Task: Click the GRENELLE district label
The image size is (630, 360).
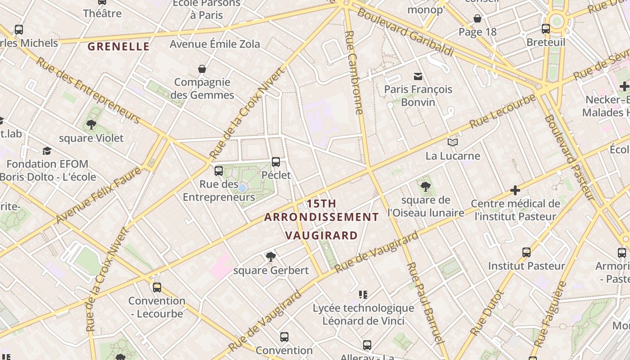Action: pyautogui.click(x=118, y=46)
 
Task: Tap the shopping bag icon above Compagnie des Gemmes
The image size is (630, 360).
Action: pyautogui.click(x=202, y=69)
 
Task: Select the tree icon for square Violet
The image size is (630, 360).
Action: pyautogui.click(x=91, y=125)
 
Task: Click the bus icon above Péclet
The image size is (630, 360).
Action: pyautogui.click(x=276, y=162)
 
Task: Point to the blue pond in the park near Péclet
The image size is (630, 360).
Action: pyautogui.click(x=242, y=188)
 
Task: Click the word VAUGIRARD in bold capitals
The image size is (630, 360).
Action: pyautogui.click(x=321, y=235)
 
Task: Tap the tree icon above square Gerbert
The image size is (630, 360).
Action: pyautogui.click(x=270, y=256)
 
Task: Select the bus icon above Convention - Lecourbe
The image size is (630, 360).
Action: pyautogui.click(x=157, y=287)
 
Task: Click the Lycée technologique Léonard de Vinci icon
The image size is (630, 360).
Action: pyautogui.click(x=363, y=295)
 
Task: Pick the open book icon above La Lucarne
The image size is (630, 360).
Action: pyautogui.click(x=453, y=143)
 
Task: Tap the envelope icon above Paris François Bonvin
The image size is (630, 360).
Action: pyautogui.click(x=418, y=76)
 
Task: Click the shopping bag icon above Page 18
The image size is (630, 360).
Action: pyautogui.click(x=477, y=18)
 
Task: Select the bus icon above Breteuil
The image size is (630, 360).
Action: pyautogui.click(x=545, y=29)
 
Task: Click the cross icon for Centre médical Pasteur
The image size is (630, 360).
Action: pyautogui.click(x=515, y=190)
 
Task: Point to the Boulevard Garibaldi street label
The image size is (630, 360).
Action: pyautogui.click(x=405, y=32)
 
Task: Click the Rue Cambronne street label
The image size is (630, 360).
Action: pyautogui.click(x=355, y=72)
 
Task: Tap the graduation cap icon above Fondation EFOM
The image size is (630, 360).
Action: pyautogui.click(x=47, y=151)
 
